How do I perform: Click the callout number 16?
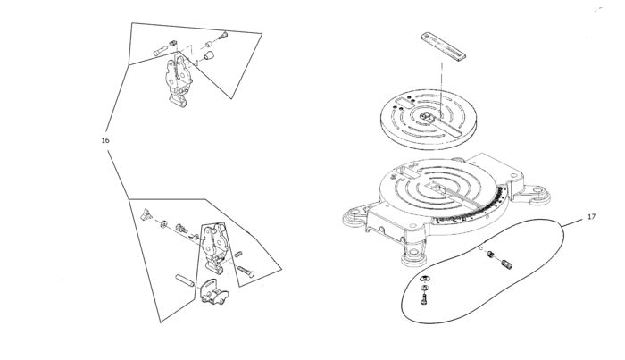coord(105,139)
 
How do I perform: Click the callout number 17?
coord(591,217)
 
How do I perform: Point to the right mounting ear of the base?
coord(538,192)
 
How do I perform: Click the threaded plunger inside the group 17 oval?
coord(504,262)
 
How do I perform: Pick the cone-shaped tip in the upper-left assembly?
coord(223,37)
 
